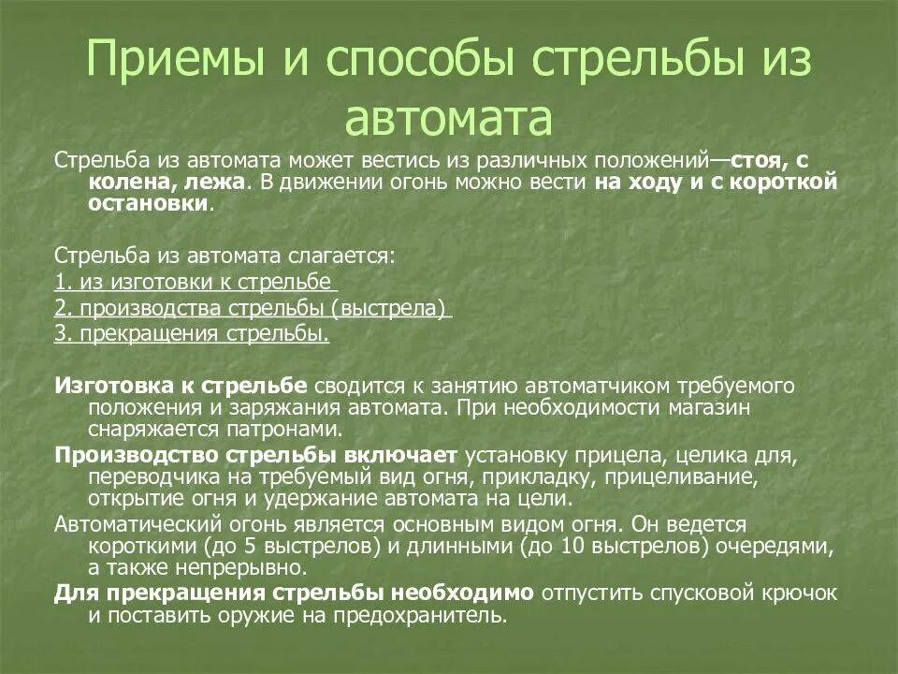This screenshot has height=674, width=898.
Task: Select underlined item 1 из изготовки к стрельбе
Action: click(194, 282)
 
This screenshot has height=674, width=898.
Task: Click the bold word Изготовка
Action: click(117, 385)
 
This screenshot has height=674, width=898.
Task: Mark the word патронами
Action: click(281, 430)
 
